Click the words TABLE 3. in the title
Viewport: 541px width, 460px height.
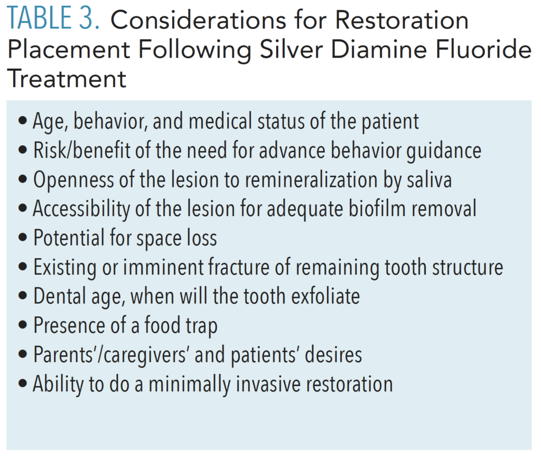pyautogui.click(x=54, y=20)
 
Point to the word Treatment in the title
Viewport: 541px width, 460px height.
pyautogui.click(x=67, y=79)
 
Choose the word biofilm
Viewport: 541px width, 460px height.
pyautogui.click(x=365, y=209)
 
